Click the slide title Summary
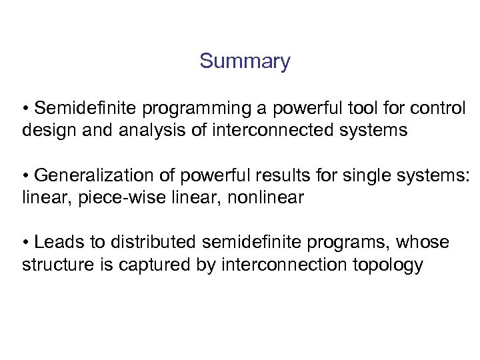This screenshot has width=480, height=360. (x=245, y=62)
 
